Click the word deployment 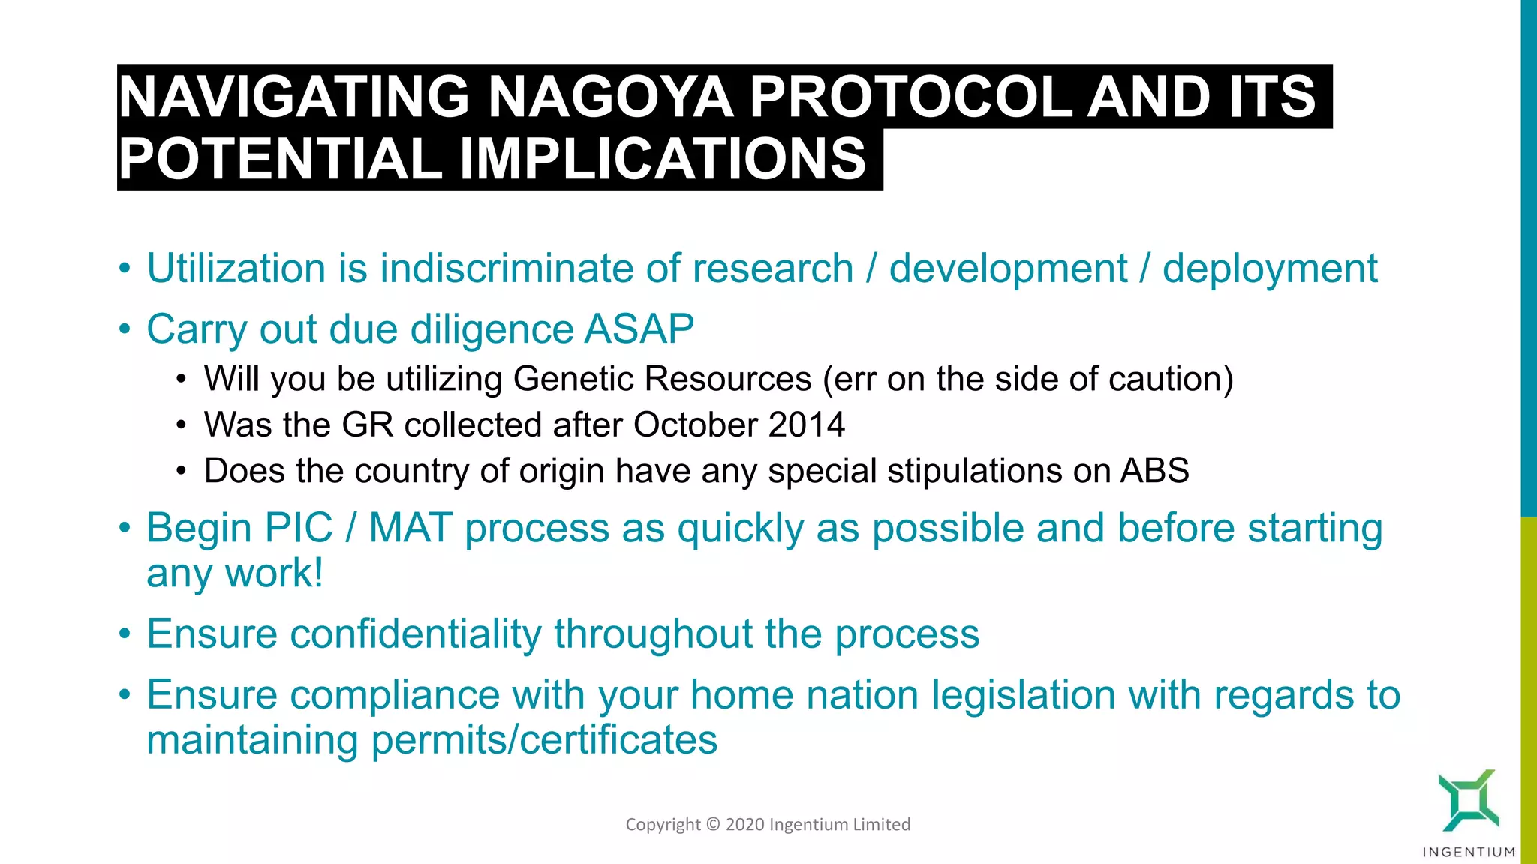(1270, 268)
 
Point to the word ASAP (639, 329)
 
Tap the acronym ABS (1154, 471)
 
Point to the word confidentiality (416, 634)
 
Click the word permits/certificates (544, 740)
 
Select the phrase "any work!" (235, 574)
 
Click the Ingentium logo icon (1469, 800)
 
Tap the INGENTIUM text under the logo (1469, 852)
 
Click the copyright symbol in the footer (713, 825)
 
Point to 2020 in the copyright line (745, 825)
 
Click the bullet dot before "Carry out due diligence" (125, 330)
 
